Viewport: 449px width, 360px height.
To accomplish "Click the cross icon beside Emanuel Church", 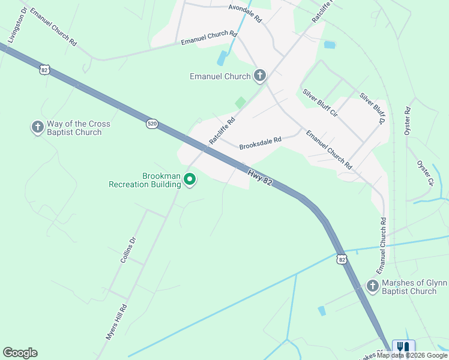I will tap(259, 76).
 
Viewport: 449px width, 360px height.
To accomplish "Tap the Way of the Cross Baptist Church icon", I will tap(37, 127).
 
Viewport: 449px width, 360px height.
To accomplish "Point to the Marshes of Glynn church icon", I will tap(372, 286).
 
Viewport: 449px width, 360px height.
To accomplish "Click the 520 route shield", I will tap(152, 124).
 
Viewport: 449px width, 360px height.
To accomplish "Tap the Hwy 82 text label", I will tap(261, 176).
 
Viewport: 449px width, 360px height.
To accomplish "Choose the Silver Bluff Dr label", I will tap(372, 108).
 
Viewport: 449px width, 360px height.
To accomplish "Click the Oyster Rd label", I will tap(408, 121).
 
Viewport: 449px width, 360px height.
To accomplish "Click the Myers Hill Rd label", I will tap(116, 322).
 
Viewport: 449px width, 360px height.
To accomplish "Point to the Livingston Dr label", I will tap(17, 26).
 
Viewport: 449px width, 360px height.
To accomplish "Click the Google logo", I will tap(20, 353).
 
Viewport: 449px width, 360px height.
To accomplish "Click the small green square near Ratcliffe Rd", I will tap(240, 103).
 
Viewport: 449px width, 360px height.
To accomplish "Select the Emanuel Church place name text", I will tap(220, 76).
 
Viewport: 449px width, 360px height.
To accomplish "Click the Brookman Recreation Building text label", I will tap(145, 180).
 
